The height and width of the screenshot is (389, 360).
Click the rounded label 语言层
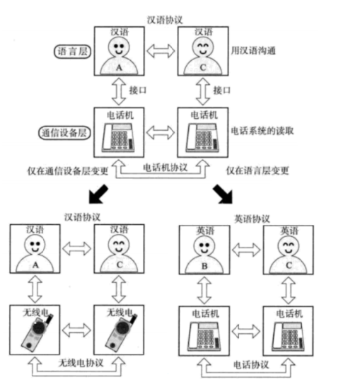(x=72, y=52)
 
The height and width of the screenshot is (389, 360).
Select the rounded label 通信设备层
(x=64, y=133)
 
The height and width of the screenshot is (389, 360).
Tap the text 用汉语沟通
(x=253, y=51)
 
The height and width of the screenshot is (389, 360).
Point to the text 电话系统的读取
(x=262, y=131)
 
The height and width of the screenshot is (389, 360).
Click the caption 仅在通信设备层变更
(x=68, y=170)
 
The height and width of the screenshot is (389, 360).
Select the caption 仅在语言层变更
(x=257, y=170)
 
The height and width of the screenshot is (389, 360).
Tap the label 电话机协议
(x=165, y=168)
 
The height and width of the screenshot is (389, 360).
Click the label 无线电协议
(x=81, y=363)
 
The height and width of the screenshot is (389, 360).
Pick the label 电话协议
(x=251, y=365)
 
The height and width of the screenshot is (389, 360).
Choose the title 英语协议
(x=252, y=219)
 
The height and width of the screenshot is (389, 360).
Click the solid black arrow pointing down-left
(x=98, y=194)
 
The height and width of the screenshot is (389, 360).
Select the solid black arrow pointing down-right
(x=223, y=194)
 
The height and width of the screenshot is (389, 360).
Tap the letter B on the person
(x=204, y=266)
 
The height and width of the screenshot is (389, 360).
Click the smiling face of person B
(x=204, y=245)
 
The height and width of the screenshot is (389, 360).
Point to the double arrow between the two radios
(x=76, y=330)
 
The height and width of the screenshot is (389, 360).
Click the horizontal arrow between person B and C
(x=246, y=250)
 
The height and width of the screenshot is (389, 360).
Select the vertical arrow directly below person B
(x=204, y=291)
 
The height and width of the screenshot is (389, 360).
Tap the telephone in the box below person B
(x=204, y=337)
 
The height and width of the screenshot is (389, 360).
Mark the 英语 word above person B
(x=205, y=231)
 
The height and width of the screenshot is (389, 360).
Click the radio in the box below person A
(x=36, y=333)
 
